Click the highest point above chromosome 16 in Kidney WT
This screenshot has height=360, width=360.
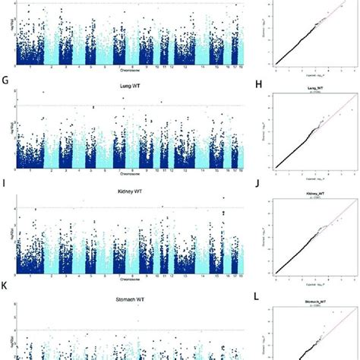click(x=223, y=199)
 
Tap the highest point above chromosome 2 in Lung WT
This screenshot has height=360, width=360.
click(x=44, y=93)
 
